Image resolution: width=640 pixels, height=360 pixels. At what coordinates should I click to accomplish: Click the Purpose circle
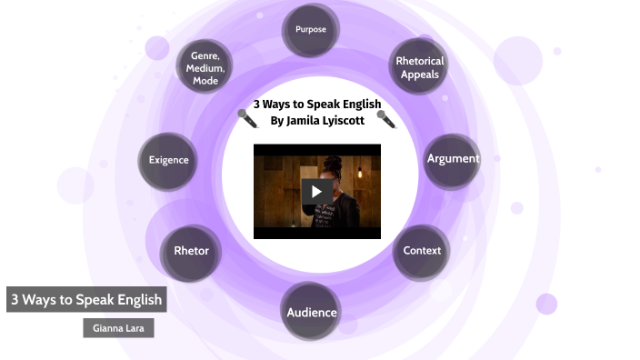[310, 30]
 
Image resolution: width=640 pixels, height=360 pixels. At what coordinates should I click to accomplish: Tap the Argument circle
[452, 159]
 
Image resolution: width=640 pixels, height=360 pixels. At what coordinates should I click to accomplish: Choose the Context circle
[422, 251]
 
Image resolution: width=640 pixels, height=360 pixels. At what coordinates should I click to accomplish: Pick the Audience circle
[312, 313]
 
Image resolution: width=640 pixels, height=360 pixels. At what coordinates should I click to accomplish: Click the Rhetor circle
[191, 251]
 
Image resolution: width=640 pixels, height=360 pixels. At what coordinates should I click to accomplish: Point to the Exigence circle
[168, 160]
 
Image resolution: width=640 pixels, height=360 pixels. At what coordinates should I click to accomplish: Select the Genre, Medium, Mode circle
[205, 68]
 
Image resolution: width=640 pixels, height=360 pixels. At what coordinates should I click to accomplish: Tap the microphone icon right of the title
[385, 118]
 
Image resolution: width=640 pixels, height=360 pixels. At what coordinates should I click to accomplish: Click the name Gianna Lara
[117, 326]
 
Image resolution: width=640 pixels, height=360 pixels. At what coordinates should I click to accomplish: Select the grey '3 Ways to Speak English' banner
[85, 299]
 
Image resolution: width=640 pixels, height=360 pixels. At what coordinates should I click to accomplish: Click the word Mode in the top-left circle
[205, 81]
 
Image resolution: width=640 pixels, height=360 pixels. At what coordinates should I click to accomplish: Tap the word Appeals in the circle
[419, 75]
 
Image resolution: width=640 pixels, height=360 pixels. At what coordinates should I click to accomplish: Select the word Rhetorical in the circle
[419, 62]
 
